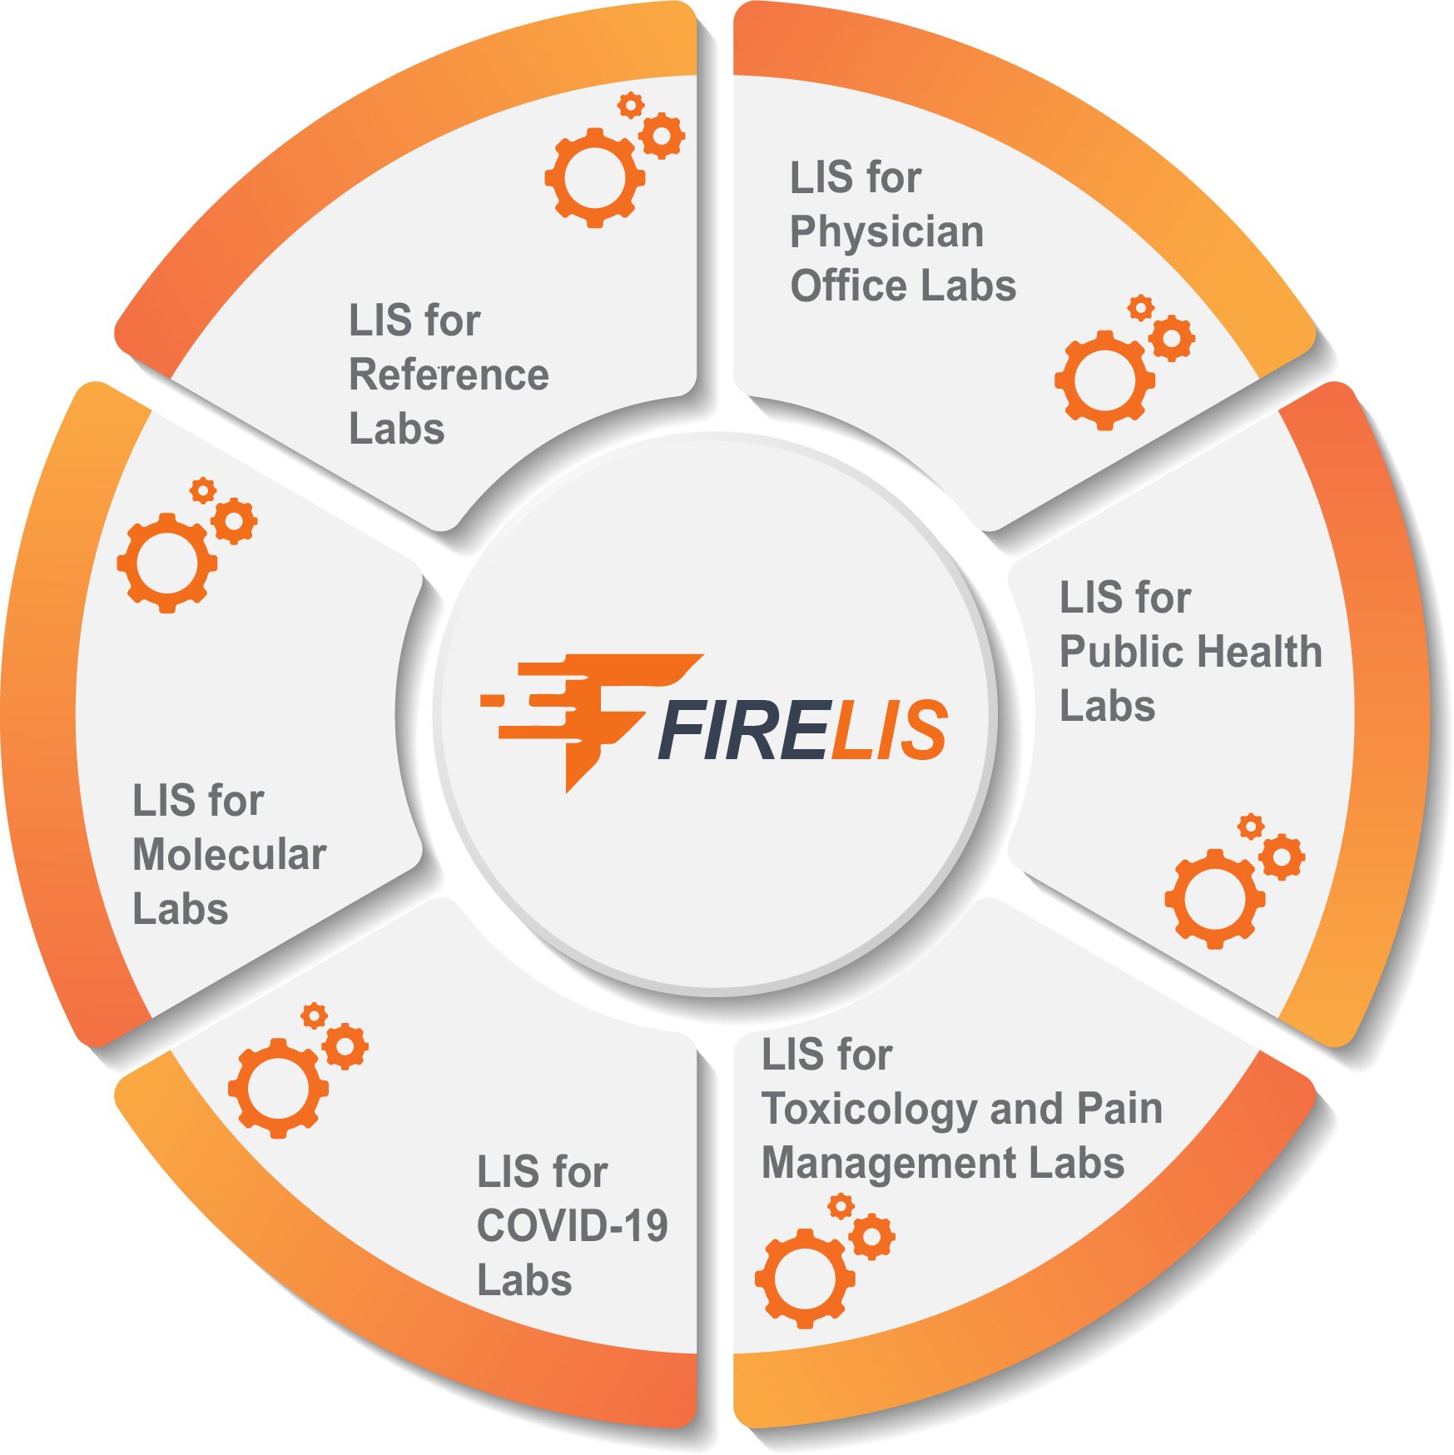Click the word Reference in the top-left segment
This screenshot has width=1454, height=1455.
449,375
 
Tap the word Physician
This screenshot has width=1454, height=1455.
886,232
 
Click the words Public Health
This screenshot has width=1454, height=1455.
1190,652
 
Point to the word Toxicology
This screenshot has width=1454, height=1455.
870,1110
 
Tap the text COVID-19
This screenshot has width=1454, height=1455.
572,1226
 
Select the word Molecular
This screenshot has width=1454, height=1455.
230,855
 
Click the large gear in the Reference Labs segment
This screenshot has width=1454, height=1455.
594,178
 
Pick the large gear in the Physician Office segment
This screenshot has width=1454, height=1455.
1104,380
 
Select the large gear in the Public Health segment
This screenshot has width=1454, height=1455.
1215,899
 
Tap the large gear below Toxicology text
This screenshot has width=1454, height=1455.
805,1279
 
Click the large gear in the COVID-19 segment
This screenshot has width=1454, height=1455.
278,1088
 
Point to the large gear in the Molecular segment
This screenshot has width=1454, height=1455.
167,563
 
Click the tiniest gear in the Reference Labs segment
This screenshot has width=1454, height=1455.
631,105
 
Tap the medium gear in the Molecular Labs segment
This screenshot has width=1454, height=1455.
234,522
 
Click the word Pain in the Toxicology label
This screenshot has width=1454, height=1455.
1119,1110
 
